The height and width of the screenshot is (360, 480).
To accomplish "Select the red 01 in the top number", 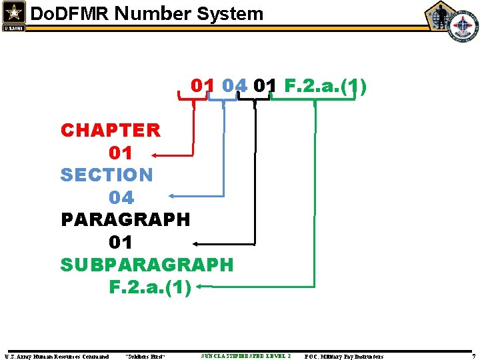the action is (x=203, y=86).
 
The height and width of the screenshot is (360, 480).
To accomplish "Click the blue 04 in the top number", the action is (x=234, y=86).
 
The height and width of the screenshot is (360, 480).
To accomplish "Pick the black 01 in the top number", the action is (x=265, y=86).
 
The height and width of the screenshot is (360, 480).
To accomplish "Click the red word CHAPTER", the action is (x=111, y=130).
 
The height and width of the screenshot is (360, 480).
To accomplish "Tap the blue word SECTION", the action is (x=107, y=175).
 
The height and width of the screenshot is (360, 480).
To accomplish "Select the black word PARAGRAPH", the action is (x=125, y=219).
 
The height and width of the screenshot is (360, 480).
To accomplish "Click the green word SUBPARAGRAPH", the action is (x=147, y=265).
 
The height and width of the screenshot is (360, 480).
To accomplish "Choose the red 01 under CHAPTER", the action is (x=121, y=153).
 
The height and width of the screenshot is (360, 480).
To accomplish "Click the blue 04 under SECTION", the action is (x=121, y=197).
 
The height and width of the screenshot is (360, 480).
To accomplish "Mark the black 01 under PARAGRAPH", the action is (x=121, y=242).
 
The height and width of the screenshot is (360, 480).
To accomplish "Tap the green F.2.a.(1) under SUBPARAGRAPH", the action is (x=150, y=287).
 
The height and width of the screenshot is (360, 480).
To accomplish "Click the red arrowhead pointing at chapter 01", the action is (x=155, y=155).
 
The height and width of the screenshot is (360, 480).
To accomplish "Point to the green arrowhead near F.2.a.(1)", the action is (x=201, y=288).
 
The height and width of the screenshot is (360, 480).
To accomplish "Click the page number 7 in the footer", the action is (x=473, y=357).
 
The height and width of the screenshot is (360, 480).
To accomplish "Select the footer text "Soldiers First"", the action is (x=145, y=357).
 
